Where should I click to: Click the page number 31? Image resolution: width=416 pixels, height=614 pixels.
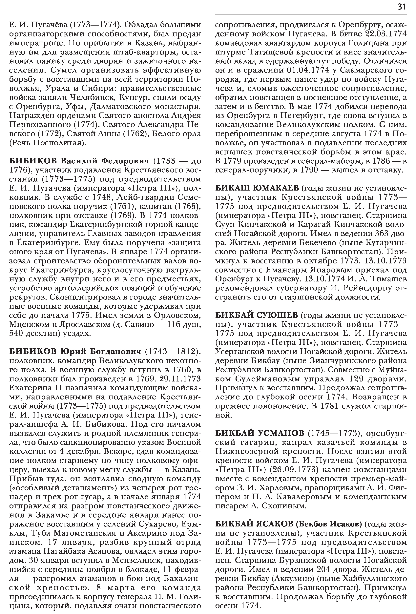pyautogui.click(x=402, y=7)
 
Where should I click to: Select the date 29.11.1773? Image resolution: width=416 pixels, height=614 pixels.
pyautogui.click(x=180, y=379)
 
